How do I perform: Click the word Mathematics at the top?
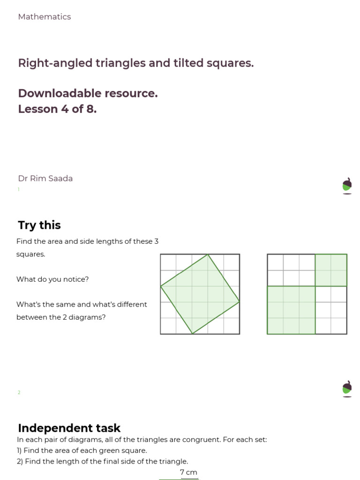coord(45,17)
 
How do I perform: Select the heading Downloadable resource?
coord(88,93)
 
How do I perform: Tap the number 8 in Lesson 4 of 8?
coord(91,109)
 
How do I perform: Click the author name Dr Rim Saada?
coord(45,179)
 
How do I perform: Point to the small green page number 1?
coord(19,189)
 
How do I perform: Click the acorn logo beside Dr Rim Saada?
coord(347,186)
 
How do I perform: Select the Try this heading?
coord(39,225)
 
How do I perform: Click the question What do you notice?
coord(52,279)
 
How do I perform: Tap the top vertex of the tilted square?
coord(208,255)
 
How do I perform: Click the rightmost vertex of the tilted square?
coord(240,302)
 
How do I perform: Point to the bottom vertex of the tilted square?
coord(192,334)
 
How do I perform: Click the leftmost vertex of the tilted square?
coord(161,286)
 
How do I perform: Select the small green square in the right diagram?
coord(331,270)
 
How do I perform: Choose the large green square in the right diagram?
coord(291,310)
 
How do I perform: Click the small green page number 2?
coord(19,393)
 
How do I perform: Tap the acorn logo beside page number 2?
coord(347,389)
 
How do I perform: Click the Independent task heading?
coord(69,428)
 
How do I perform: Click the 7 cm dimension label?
coord(188,472)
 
